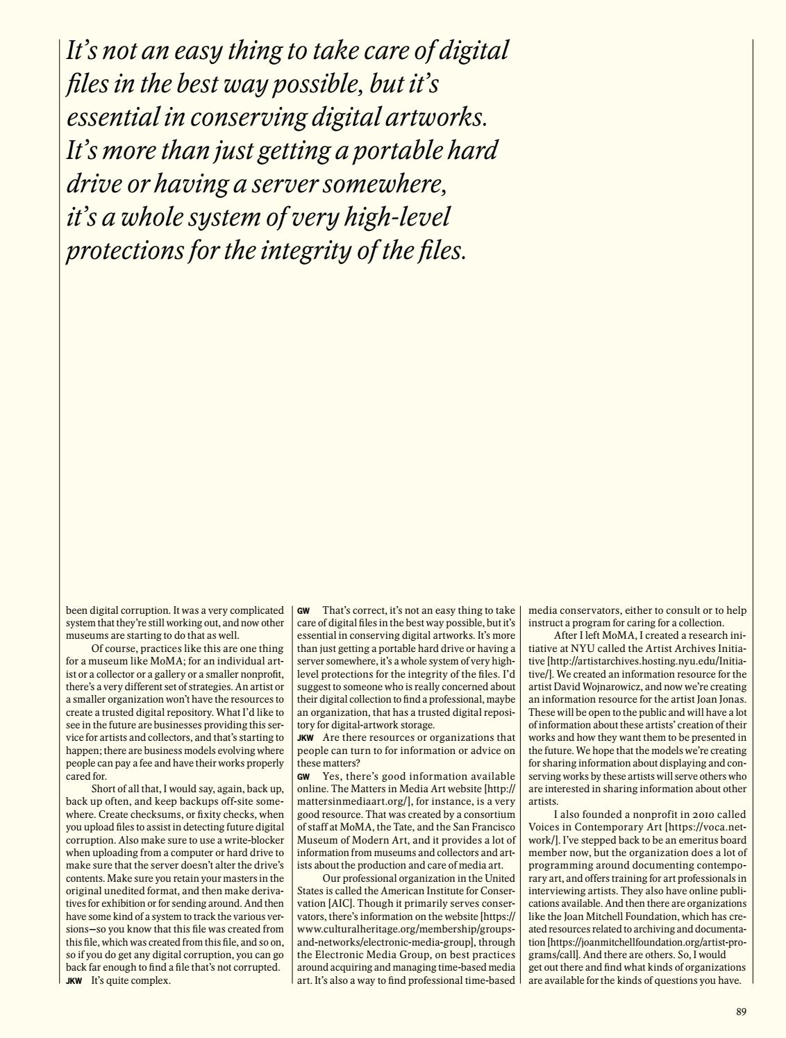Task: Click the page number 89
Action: point(741,1012)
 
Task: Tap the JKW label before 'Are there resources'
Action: point(306,737)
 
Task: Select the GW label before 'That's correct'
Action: point(303,611)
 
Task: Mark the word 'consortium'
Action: point(487,814)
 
